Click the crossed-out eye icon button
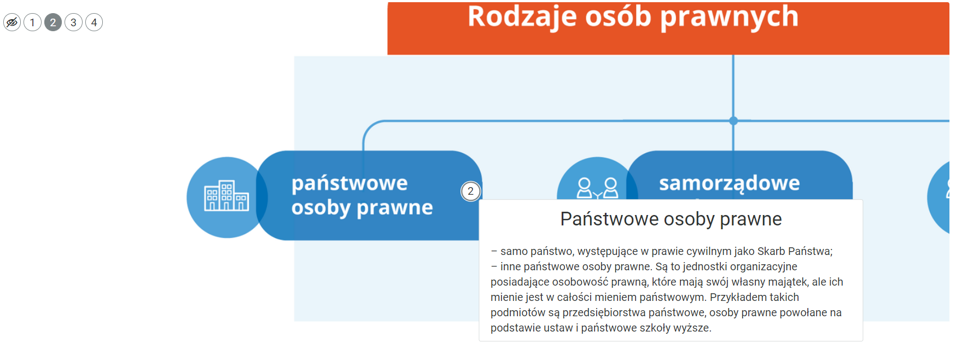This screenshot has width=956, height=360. [12, 22]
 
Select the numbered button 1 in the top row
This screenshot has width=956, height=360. [33, 22]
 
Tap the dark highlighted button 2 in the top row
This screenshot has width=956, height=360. [53, 22]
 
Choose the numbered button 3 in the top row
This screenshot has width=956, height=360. [73, 22]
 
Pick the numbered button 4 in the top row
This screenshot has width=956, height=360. [94, 22]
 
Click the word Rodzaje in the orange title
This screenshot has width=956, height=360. [522, 17]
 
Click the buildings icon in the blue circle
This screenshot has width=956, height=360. [226, 196]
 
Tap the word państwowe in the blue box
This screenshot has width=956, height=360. [349, 183]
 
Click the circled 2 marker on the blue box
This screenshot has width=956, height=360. [470, 191]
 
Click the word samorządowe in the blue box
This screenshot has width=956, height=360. [729, 183]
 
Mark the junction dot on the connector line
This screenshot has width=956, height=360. [733, 121]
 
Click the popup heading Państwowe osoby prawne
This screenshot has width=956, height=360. [671, 219]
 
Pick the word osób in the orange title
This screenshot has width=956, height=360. [618, 17]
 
